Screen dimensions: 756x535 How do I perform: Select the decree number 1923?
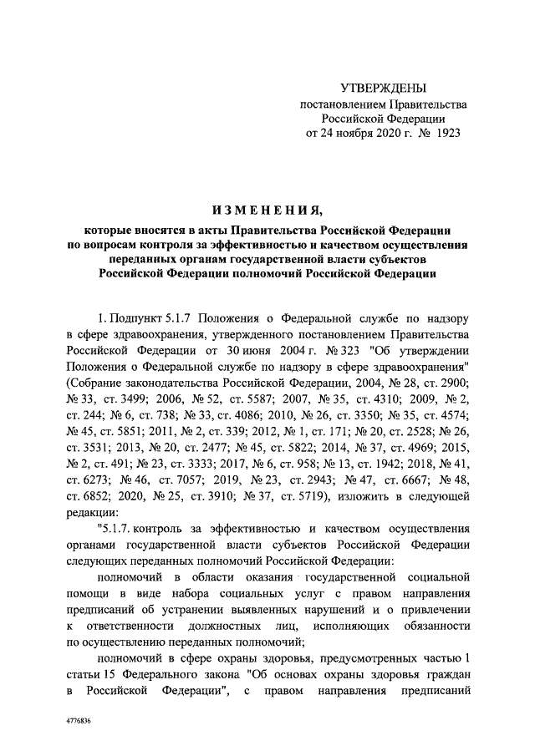click(x=446, y=132)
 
